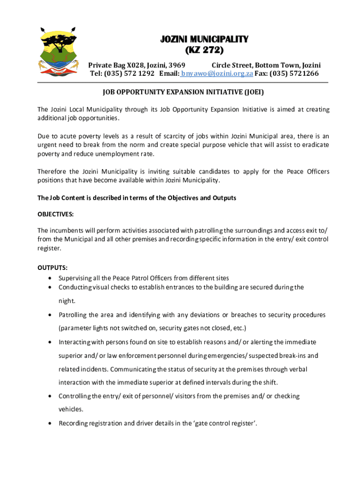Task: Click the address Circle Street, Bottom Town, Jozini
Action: tap(266, 65)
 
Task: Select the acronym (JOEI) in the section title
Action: tap(253, 92)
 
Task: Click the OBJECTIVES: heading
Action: tap(56, 214)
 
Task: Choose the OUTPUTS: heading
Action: tap(52, 268)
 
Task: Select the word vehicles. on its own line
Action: tap(71, 409)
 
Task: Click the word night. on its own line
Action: tap(67, 301)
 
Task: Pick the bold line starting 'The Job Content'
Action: tap(137, 198)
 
